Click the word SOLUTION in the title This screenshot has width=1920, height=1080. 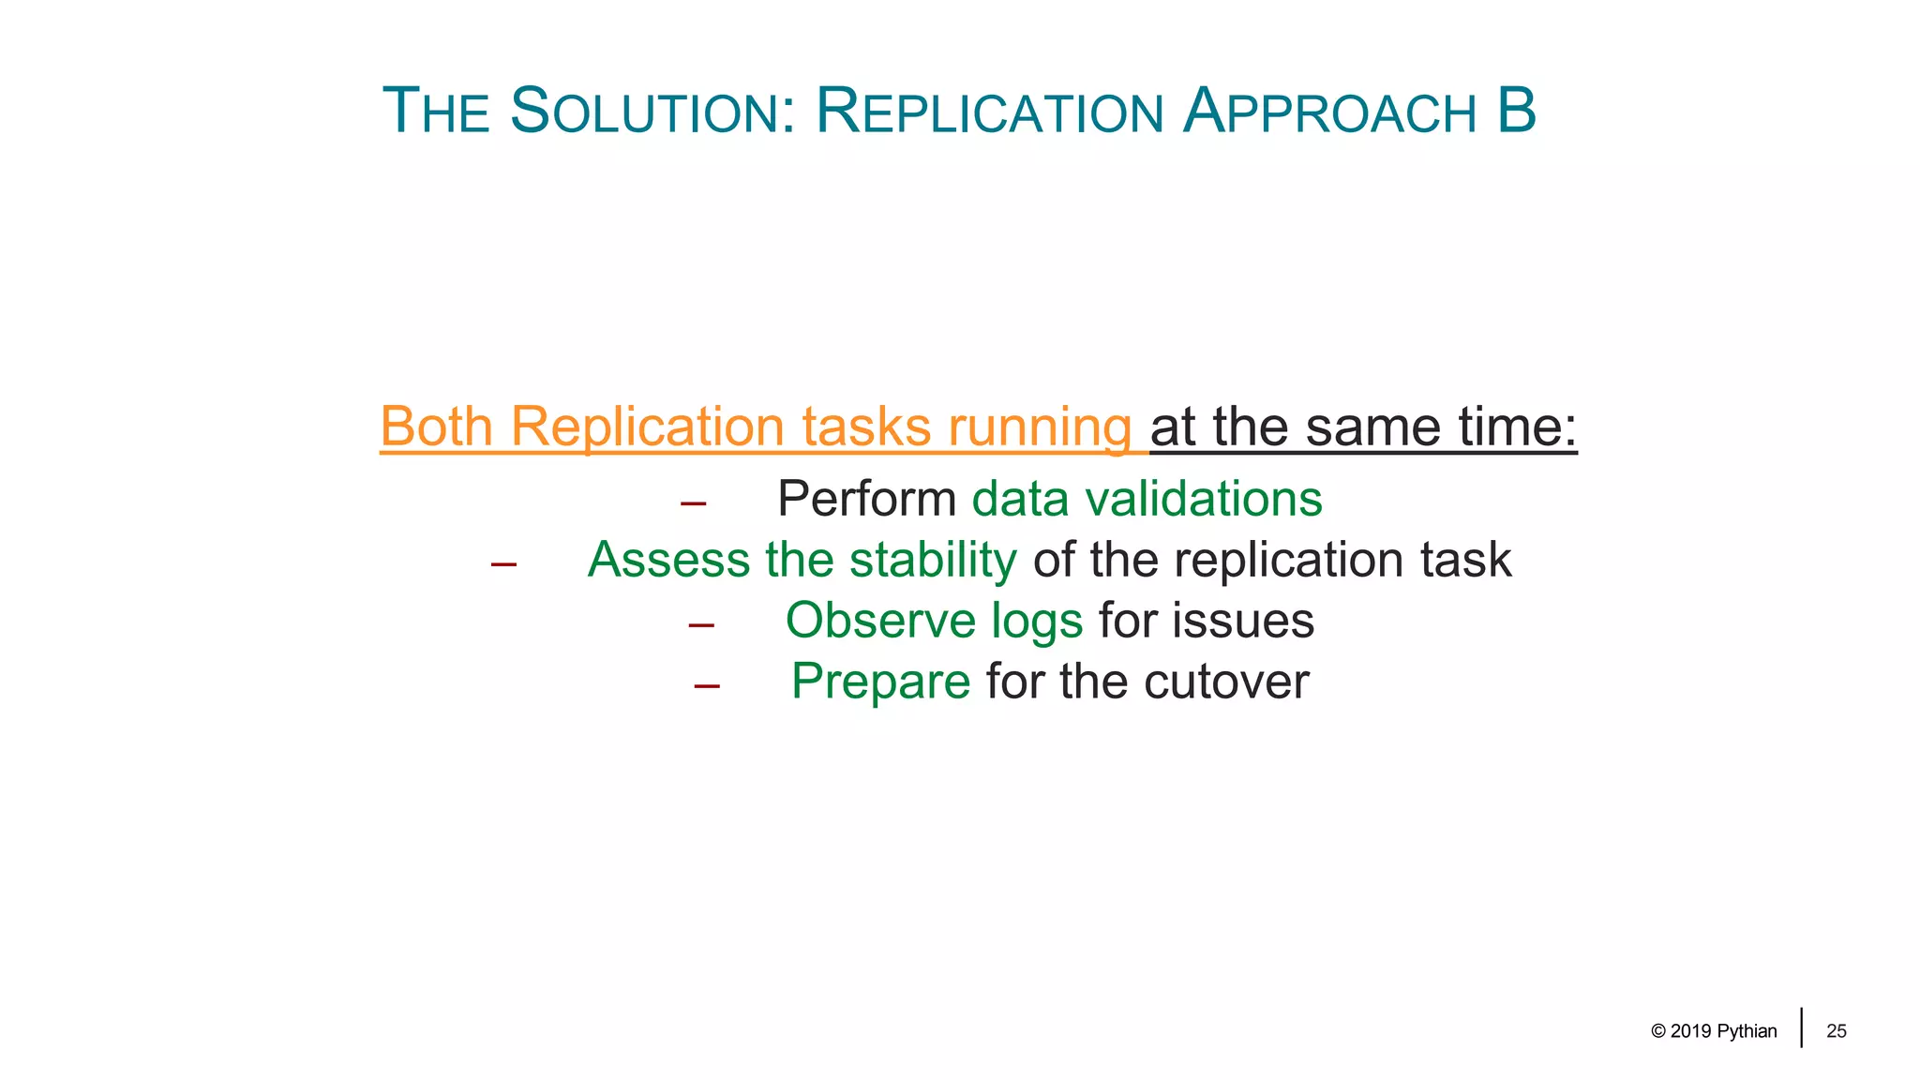point(652,112)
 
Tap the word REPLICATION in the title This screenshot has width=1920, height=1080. point(989,112)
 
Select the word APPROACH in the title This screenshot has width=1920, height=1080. point(1329,112)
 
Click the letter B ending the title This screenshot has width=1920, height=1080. point(1516,111)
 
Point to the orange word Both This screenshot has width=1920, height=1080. point(436,427)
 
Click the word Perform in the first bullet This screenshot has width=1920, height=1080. point(866,499)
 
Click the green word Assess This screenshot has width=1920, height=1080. point(668,560)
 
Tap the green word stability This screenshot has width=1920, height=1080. point(932,561)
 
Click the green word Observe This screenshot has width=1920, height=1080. point(880,621)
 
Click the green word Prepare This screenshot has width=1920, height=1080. point(880,682)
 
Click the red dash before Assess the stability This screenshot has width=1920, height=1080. point(503,564)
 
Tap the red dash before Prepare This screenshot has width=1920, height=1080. point(707,686)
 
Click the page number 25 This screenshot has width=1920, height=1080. point(1836,1031)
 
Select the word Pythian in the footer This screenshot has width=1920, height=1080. point(1747,1031)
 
